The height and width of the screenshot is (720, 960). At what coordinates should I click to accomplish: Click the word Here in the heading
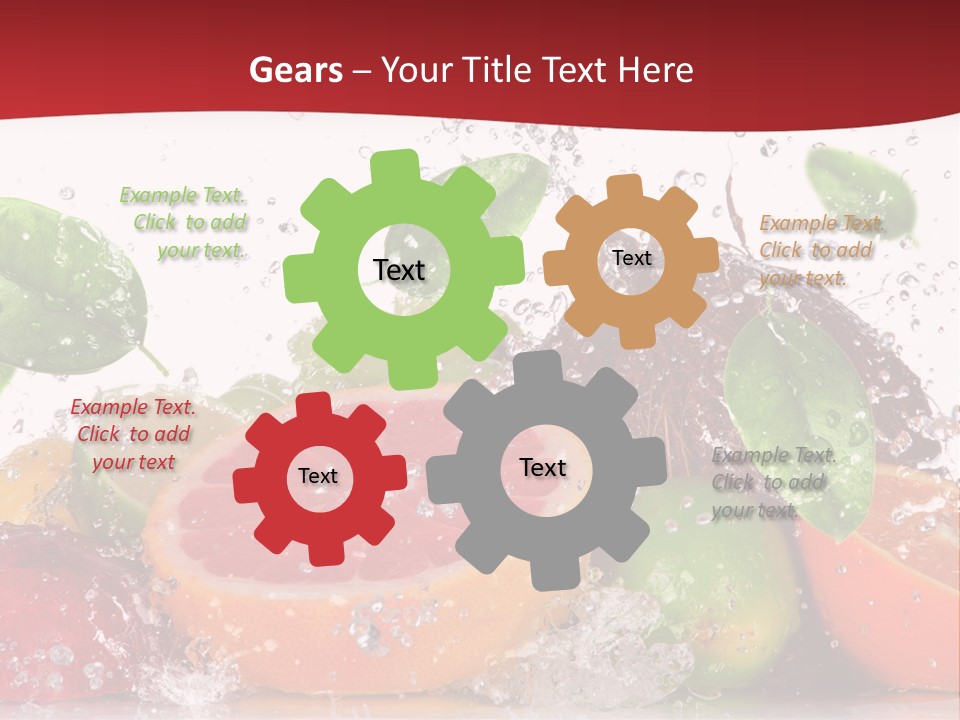(655, 70)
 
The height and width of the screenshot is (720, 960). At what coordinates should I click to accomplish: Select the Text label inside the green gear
(399, 270)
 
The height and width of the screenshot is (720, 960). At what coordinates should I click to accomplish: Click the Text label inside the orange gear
(631, 258)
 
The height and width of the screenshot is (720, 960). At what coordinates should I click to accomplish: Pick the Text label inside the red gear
(318, 476)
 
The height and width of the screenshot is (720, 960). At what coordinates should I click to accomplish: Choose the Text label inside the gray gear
(543, 467)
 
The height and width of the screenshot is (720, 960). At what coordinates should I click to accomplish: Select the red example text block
(133, 434)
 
